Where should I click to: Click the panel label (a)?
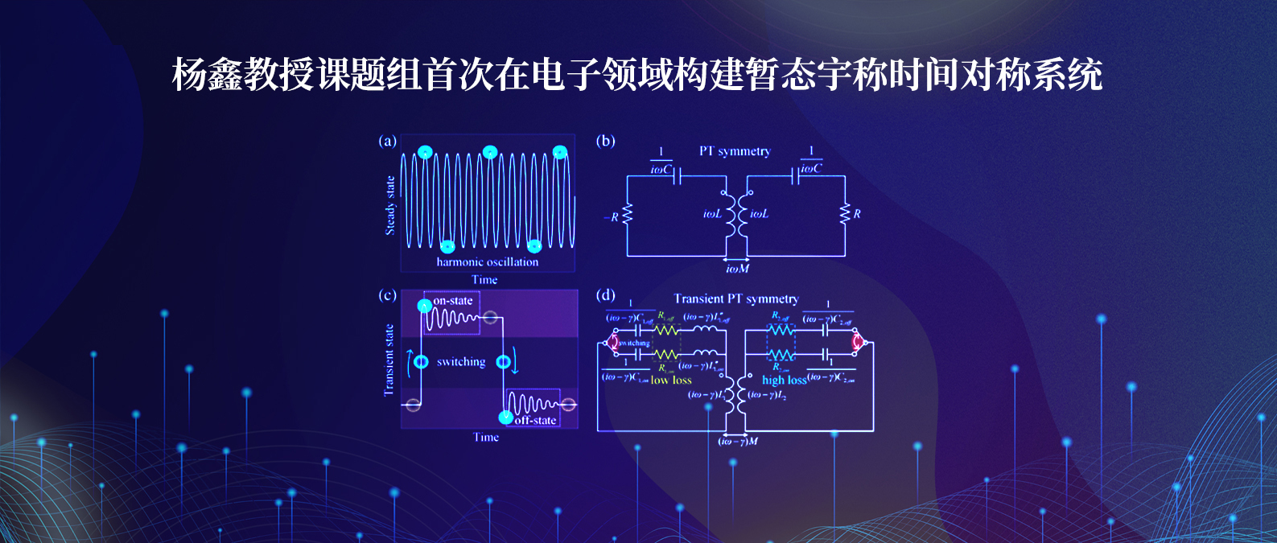pos(387,142)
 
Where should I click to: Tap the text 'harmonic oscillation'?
pos(488,261)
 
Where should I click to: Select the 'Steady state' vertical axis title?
pos(390,205)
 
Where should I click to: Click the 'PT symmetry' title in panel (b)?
pos(735,151)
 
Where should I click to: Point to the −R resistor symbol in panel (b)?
pos(628,215)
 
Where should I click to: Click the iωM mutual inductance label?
pos(737,269)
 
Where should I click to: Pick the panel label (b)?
pos(605,142)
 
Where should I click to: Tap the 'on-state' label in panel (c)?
pos(453,301)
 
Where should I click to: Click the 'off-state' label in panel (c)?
pos(535,420)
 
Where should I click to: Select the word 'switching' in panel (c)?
pos(461,362)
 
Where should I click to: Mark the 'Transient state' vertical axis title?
pos(389,360)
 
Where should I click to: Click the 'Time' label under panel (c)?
pos(486,438)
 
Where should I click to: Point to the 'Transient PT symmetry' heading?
pos(736,299)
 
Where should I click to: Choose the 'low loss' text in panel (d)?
pos(671,381)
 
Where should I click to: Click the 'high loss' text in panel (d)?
pos(784,381)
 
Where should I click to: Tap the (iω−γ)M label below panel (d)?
pos(737,442)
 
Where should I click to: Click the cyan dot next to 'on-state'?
pos(424,306)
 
